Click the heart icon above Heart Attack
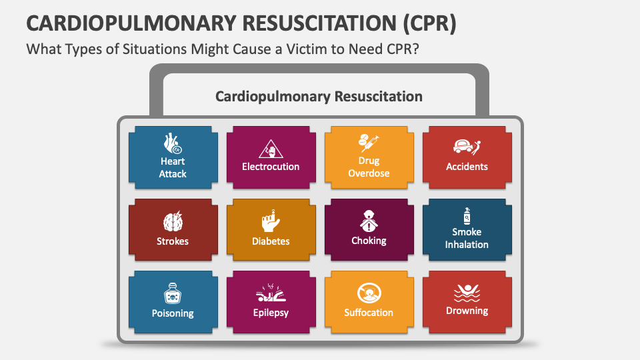click(172, 143)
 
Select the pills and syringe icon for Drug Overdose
click(369, 142)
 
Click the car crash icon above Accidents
click(467, 147)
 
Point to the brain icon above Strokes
click(173, 223)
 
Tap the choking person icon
click(369, 220)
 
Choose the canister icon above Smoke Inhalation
click(467, 216)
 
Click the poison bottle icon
click(173, 294)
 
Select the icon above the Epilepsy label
click(271, 294)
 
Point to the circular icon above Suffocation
click(369, 293)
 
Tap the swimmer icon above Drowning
click(467, 292)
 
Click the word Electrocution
click(271, 167)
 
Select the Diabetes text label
click(271, 241)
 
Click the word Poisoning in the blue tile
click(173, 313)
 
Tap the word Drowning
click(467, 311)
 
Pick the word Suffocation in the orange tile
click(369, 313)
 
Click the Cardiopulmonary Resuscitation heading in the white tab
click(319, 97)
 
